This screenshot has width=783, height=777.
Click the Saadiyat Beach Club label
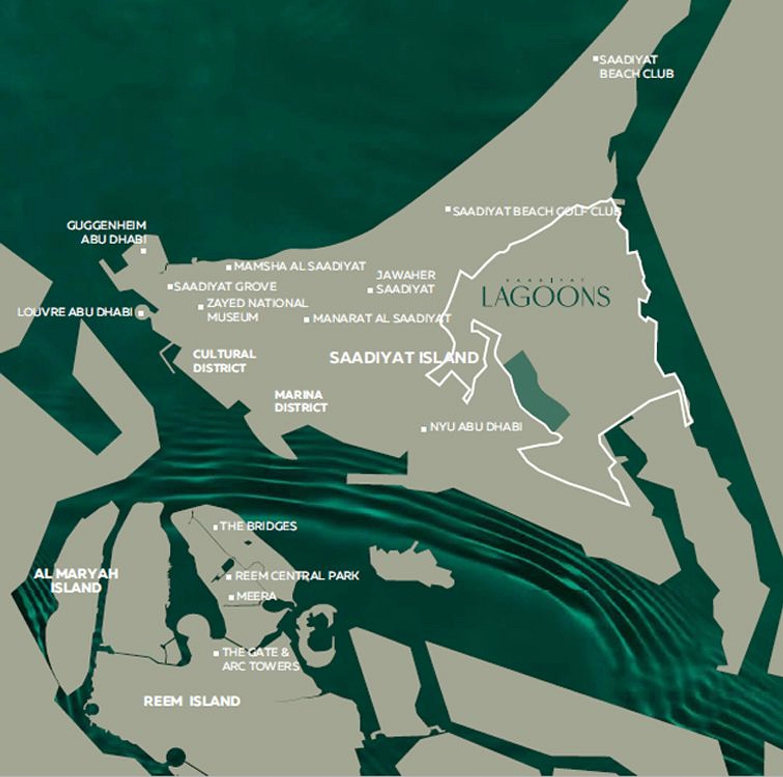click(636, 66)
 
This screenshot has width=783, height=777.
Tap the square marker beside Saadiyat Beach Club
click(595, 59)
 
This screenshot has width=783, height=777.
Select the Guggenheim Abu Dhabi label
click(106, 232)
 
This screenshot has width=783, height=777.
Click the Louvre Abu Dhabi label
click(75, 312)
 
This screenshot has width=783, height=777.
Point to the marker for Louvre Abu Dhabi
click(141, 312)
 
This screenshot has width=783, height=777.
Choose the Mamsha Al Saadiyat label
click(300, 266)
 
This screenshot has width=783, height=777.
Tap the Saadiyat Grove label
click(225, 286)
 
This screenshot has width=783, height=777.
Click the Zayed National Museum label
click(257, 310)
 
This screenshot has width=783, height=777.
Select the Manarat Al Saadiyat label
click(381, 318)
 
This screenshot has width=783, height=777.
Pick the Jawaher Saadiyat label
click(406, 282)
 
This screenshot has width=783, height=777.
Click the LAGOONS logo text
click(546, 296)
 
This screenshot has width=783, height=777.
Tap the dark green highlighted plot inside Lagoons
click(535, 392)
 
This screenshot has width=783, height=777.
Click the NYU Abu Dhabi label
click(476, 427)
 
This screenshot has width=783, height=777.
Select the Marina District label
click(300, 401)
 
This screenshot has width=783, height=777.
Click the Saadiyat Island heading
click(403, 358)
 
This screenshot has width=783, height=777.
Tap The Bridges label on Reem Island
click(258, 526)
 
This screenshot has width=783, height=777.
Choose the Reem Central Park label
click(296, 576)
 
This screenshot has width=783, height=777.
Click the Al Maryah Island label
click(76, 581)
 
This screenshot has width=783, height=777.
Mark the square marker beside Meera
click(231, 597)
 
